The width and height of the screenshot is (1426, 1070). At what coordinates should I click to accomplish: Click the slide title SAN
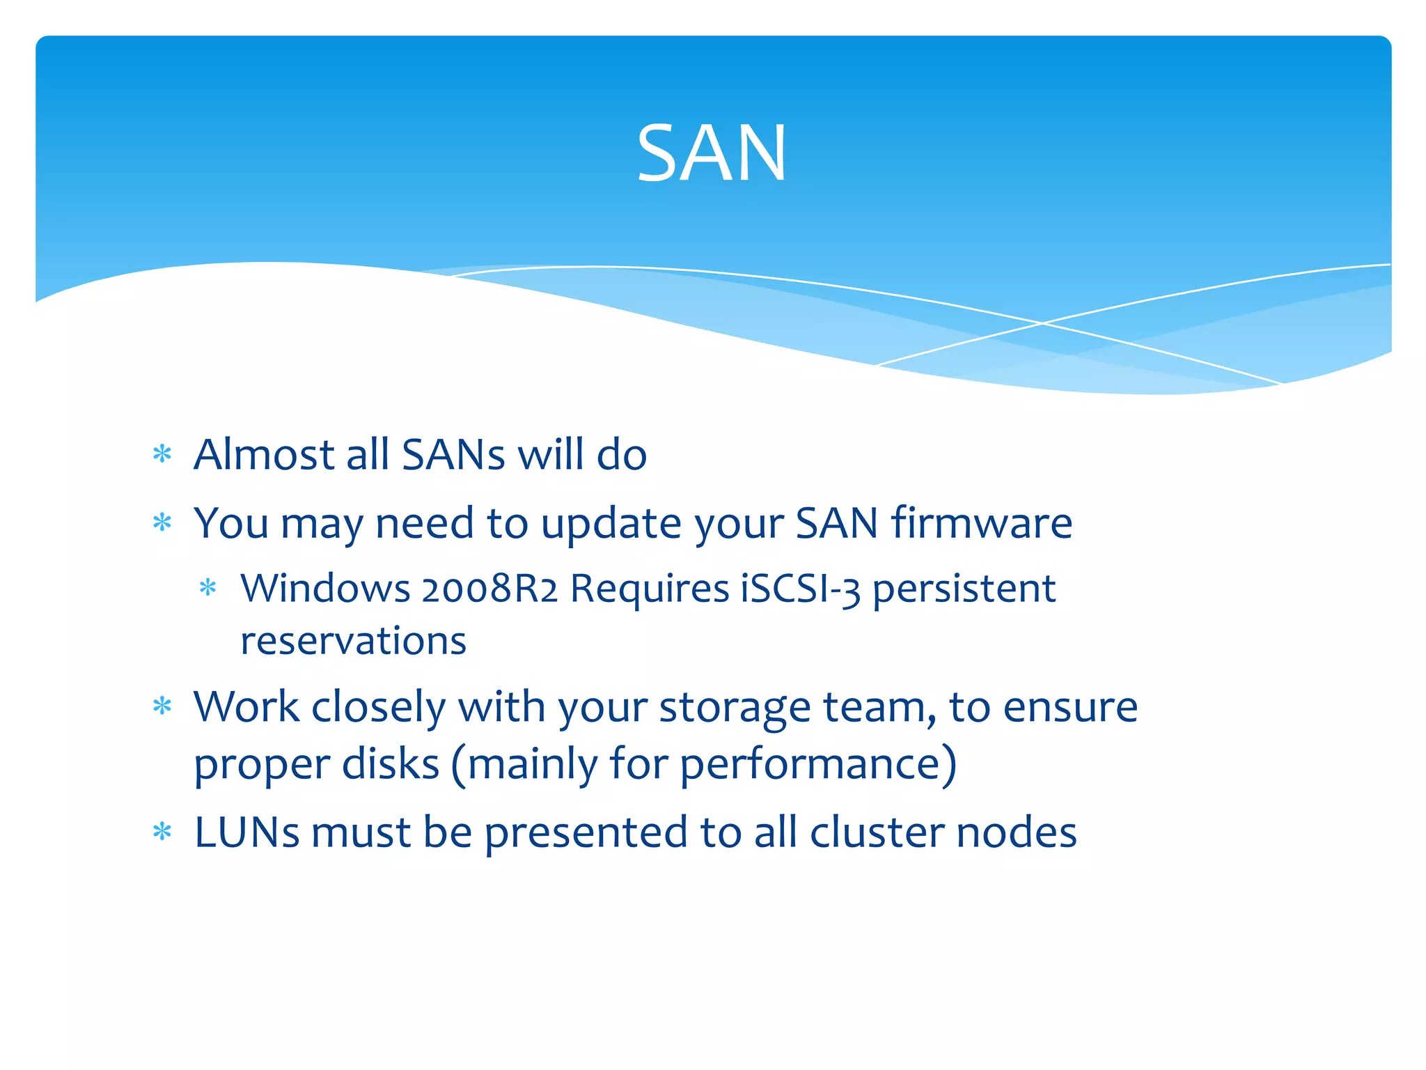pos(712,153)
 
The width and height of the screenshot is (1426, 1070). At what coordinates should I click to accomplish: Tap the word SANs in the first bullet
pos(453,455)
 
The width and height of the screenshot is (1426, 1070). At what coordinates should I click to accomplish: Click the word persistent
pos(964,589)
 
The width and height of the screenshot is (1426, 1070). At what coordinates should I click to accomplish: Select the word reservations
pos(353,641)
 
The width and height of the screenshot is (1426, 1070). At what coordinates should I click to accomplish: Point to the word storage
pos(735,708)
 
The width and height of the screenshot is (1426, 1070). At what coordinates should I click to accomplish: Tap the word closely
pos(378,708)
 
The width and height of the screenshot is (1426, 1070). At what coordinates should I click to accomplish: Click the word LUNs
pos(247,832)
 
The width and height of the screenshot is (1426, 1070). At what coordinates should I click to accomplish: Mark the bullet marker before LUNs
pos(162,832)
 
